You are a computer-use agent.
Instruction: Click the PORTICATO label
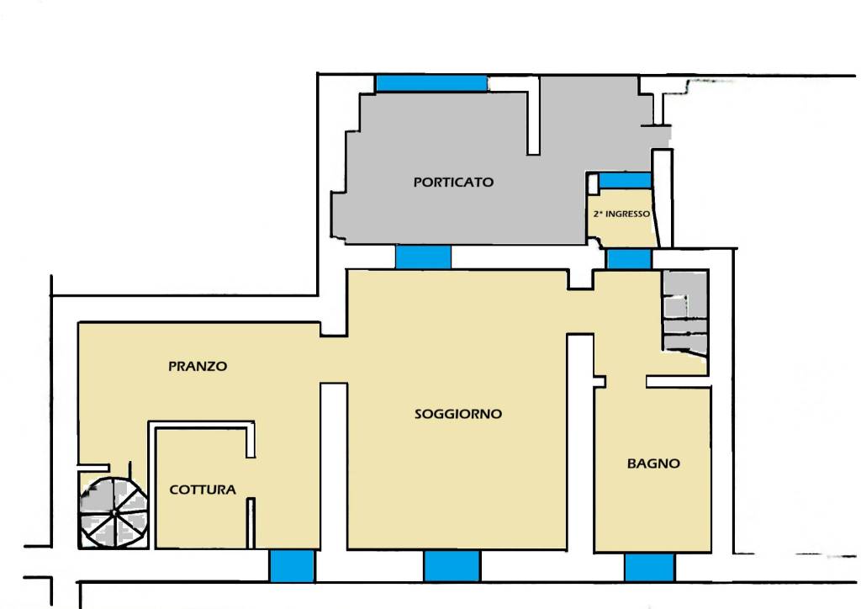tap(453, 182)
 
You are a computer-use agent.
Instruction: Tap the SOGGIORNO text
tap(458, 414)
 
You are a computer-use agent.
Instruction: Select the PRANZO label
tap(198, 366)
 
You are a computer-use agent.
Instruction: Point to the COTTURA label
tap(203, 490)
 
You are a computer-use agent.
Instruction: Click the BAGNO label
tap(653, 463)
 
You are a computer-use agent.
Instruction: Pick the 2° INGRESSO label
tap(621, 214)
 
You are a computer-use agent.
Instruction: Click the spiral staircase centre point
tap(114, 513)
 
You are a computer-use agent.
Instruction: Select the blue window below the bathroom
tap(649, 567)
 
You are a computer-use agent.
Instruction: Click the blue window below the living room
tap(452, 565)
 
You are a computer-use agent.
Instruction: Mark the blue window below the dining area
tap(292, 565)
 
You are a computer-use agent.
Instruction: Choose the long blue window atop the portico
tap(431, 83)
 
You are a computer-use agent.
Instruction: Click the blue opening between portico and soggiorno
tap(424, 257)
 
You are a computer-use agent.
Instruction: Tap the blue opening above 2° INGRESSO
tap(625, 181)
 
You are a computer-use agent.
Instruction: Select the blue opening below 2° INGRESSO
tap(629, 258)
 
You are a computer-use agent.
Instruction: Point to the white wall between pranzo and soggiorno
tap(334, 466)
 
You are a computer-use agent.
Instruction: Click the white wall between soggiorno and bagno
tap(580, 442)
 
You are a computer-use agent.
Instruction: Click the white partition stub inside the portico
tap(533, 116)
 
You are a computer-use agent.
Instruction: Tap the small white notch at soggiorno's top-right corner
tap(580, 279)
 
